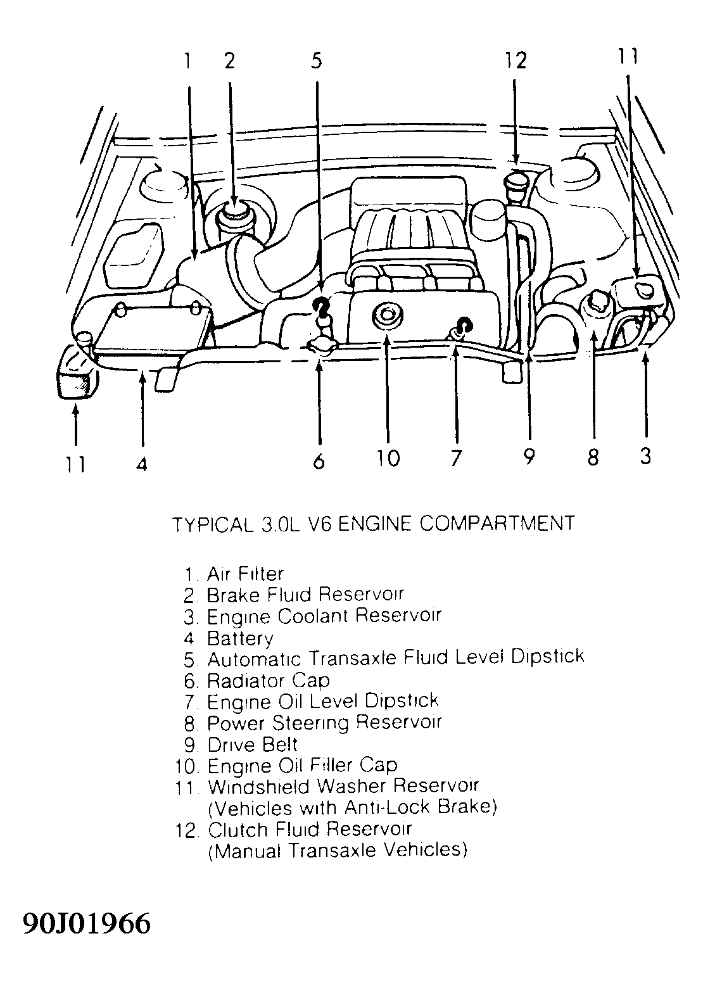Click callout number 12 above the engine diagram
516,60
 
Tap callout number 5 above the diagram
317,60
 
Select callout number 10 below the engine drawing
388,457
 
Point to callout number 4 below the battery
142,464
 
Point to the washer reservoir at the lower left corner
75,374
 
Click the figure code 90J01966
87,924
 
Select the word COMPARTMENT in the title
497,524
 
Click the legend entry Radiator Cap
268,681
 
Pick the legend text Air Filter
245,574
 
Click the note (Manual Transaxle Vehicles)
337,850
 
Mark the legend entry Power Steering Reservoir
324,723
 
